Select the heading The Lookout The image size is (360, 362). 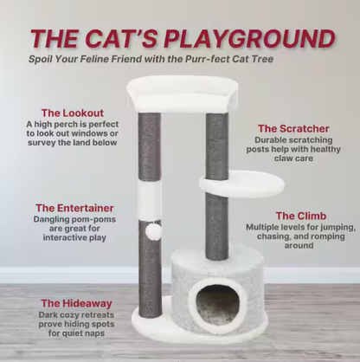pyautogui.click(x=73, y=113)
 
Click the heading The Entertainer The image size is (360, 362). pyautogui.click(x=74, y=208)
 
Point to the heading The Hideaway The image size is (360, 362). pyautogui.click(x=75, y=303)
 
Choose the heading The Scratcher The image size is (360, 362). pyautogui.click(x=293, y=128)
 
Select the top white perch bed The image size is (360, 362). pyautogui.click(x=181, y=91)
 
